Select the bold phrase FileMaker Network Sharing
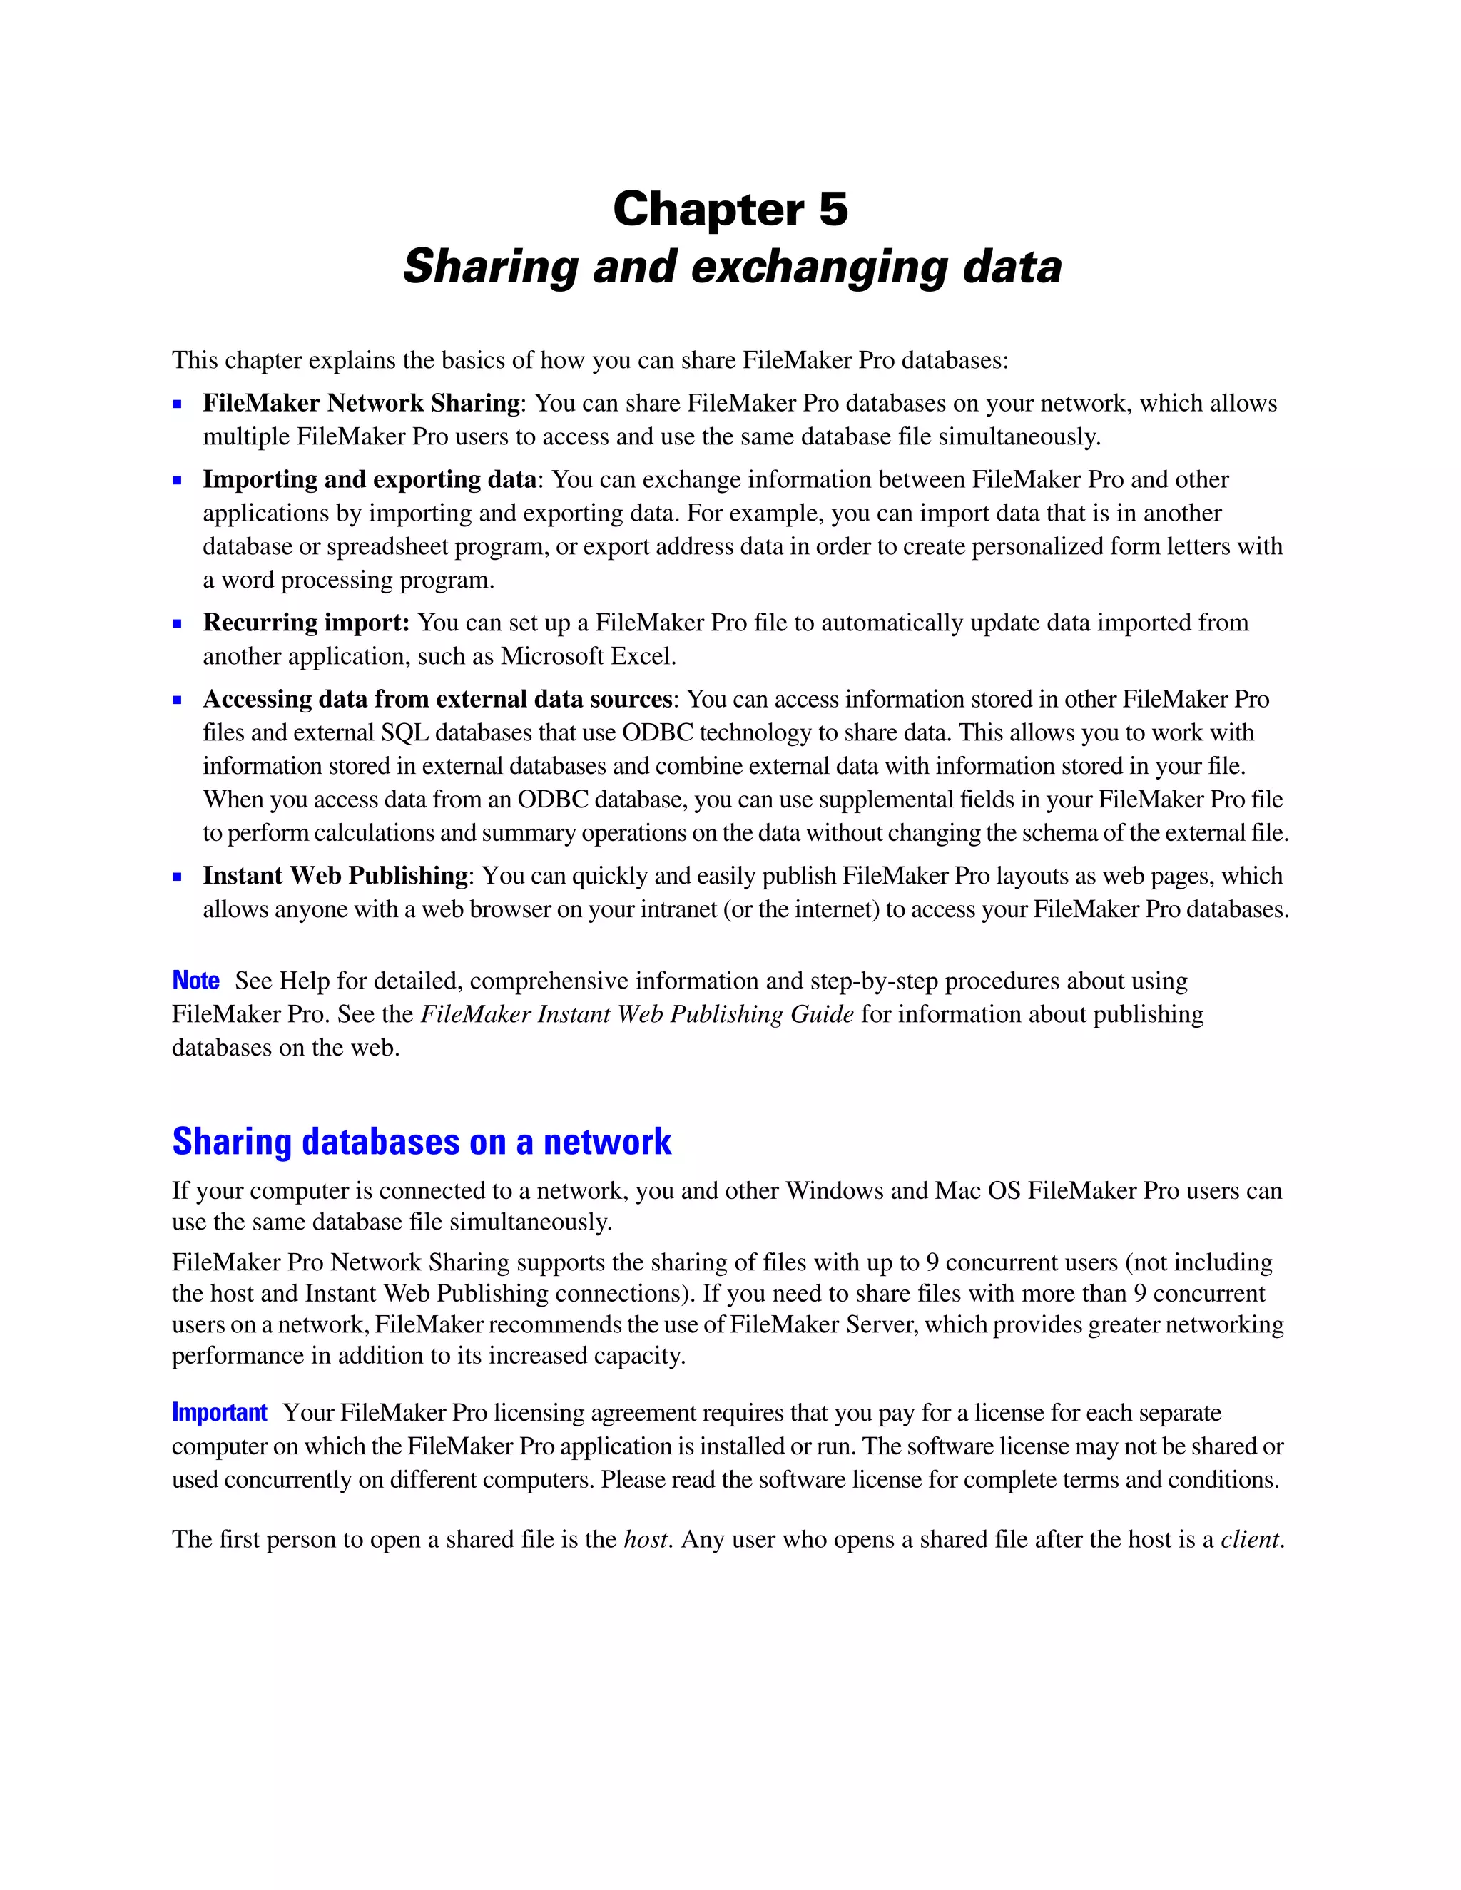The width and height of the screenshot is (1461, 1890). pos(361,403)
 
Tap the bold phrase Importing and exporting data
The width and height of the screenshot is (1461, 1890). pos(370,479)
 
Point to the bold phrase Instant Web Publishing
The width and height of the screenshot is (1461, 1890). pos(335,876)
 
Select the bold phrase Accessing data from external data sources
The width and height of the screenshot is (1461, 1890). pos(437,699)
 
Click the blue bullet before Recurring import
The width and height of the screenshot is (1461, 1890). pos(178,624)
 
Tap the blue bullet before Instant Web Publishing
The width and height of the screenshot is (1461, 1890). pos(178,877)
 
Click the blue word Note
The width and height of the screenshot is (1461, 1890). pos(195,981)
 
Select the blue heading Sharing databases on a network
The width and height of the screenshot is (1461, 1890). pos(422,1143)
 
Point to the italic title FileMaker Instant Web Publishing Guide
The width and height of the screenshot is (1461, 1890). pos(637,1014)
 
